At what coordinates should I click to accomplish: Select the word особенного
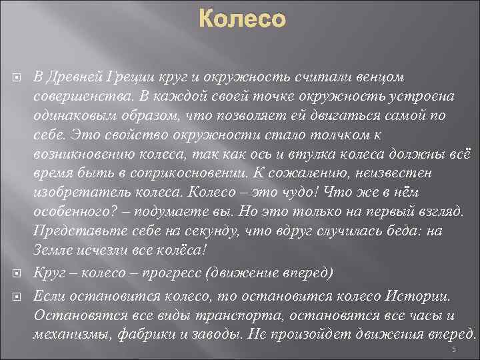pos(75,213)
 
